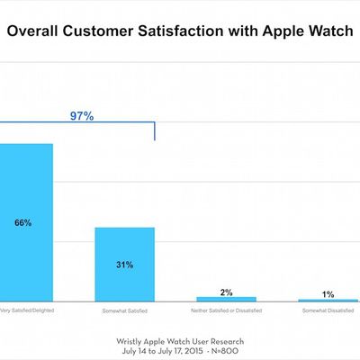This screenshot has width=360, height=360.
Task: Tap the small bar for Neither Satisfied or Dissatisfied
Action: point(226,299)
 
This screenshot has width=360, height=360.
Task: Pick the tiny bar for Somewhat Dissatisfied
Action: point(328,301)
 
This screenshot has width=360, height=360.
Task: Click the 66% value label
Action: point(23,222)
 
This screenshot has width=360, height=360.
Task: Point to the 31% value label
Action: point(125,265)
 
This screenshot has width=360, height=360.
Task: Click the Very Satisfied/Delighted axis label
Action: point(25,311)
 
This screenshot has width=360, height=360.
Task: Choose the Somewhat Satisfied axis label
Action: point(125,311)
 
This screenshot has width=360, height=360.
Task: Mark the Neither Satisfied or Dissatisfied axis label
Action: point(226,311)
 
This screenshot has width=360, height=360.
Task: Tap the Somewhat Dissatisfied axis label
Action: point(328,311)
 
